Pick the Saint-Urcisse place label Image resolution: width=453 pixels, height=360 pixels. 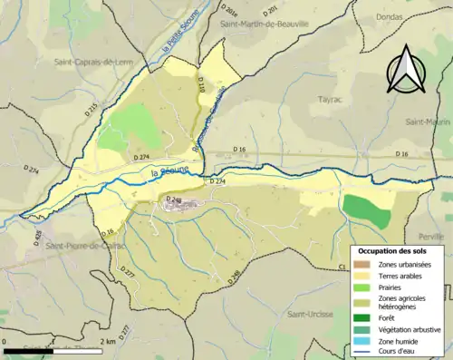coord(309,315)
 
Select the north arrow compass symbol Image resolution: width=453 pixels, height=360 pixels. coord(405,70)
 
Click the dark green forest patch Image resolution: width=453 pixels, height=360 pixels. coord(366,209)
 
